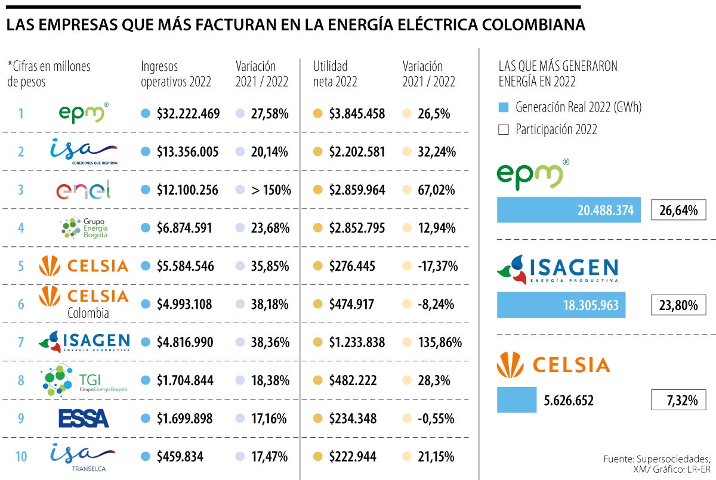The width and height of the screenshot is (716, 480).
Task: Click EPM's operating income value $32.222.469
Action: pos(189,113)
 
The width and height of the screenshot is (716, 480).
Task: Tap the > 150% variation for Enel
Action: pos(271,190)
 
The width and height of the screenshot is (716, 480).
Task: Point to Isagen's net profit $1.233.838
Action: pos(357,342)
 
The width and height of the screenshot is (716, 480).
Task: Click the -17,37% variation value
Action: pos(437,266)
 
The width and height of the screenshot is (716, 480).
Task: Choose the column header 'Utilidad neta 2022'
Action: pos(335,74)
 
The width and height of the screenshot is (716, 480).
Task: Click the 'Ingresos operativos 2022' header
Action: pos(176,74)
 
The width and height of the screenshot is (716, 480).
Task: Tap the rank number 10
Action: pos(20,457)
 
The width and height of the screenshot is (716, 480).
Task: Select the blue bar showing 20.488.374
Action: pos(569,210)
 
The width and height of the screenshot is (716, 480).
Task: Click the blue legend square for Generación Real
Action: pos(504,108)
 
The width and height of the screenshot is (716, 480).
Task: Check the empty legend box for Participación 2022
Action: pos(504,129)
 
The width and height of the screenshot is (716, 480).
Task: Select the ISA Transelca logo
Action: pos(84,457)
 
